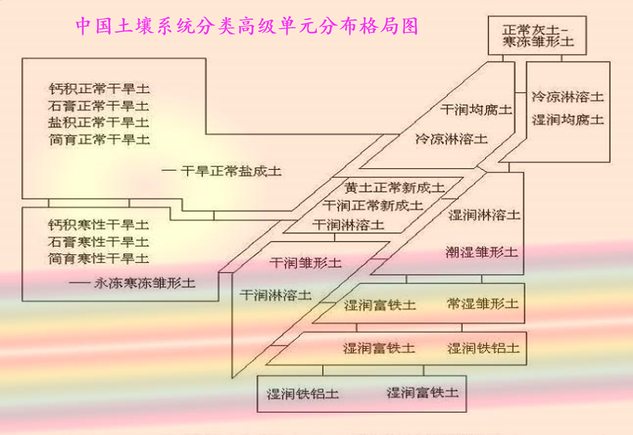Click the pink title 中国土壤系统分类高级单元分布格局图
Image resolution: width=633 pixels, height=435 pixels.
click(247, 26)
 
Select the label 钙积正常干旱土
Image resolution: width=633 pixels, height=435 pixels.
click(99, 89)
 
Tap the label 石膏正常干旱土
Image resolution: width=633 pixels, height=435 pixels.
click(99, 106)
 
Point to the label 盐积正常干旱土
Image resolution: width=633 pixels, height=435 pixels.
click(99, 122)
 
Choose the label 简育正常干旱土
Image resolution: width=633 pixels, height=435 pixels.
click(99, 140)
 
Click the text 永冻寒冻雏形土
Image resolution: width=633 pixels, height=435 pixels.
click(144, 283)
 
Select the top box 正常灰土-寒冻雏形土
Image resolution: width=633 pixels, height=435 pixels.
click(537, 35)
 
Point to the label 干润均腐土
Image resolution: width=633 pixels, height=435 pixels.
click(476, 110)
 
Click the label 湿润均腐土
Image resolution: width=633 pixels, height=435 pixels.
click(568, 119)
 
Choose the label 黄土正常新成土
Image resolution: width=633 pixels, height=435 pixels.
click(394, 188)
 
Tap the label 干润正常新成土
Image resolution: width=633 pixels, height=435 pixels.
click(373, 206)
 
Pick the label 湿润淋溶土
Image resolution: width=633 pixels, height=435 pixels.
click(484, 215)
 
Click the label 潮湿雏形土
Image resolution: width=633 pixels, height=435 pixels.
click(481, 252)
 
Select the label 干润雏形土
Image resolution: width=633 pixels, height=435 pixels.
click(306, 263)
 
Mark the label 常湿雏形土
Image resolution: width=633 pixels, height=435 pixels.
click(482, 304)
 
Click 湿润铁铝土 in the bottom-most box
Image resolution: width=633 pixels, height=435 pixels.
click(303, 394)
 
